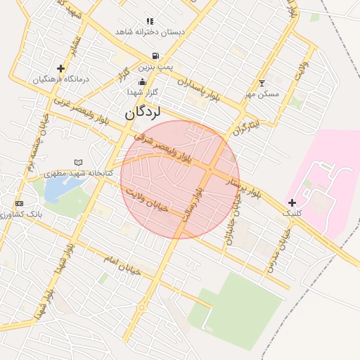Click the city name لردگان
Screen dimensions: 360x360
(x=143, y=112)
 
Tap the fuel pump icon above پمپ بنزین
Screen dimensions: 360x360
(x=154, y=56)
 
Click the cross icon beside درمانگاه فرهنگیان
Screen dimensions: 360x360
(x=61, y=69)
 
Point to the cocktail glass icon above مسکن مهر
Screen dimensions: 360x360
(x=262, y=84)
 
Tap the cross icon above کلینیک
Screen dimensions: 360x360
(x=292, y=202)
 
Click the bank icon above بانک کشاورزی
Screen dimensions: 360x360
(x=19, y=203)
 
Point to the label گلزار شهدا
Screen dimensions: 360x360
(x=143, y=92)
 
